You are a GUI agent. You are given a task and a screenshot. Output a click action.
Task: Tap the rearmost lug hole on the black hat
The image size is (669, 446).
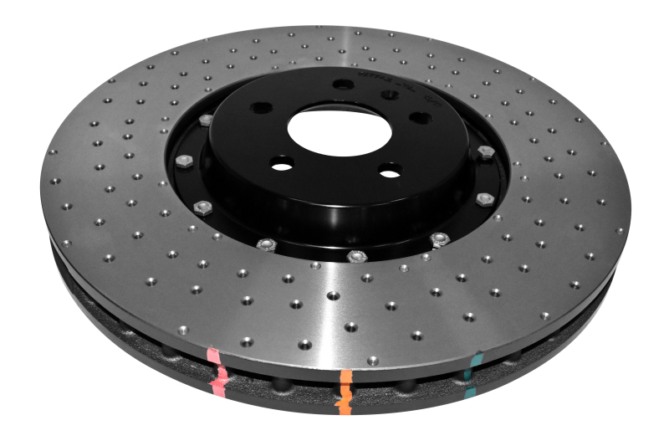pos(343,84)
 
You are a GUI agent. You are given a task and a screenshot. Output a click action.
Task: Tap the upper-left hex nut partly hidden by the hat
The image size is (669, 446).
pos(206,120)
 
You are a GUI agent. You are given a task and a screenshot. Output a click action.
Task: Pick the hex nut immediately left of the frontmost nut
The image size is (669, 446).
pos(267,244)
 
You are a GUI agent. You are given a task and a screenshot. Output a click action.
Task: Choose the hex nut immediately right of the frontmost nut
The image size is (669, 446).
pos(439,239)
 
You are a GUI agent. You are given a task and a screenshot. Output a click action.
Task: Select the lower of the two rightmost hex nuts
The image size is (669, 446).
pos(483,199)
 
